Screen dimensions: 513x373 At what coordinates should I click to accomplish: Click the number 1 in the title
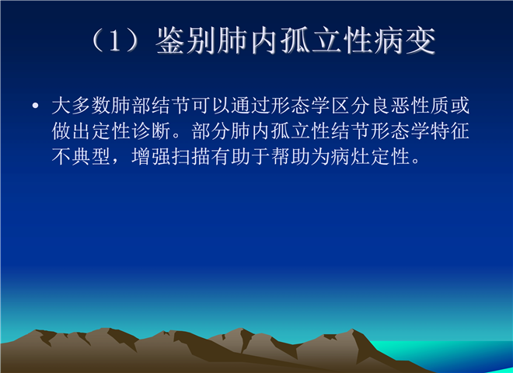114,41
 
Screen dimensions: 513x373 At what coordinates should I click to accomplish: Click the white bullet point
36,106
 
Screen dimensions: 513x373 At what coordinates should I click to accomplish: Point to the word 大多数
81,106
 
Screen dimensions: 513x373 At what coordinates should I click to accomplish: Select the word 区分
351,106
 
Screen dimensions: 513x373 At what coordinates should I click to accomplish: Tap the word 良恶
391,106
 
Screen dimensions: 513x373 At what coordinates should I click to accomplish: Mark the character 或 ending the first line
460,106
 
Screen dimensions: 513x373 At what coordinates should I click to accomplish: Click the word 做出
72,131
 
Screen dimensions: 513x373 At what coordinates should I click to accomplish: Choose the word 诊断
151,131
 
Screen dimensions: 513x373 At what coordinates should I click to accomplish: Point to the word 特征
450,131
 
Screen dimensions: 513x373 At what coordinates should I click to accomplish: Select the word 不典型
81,156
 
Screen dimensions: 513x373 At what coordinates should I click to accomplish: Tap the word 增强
151,156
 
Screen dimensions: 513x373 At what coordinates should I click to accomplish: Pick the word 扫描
191,156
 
